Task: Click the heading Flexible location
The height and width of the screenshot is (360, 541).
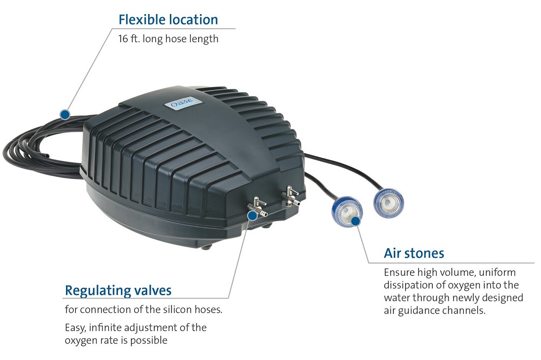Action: (x=168, y=20)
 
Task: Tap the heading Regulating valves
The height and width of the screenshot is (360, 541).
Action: (x=118, y=290)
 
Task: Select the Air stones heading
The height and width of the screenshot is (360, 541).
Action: (x=414, y=253)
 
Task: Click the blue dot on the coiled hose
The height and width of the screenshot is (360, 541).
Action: (x=65, y=114)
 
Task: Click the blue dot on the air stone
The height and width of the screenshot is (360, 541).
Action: (x=355, y=220)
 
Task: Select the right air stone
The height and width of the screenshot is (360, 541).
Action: (x=388, y=202)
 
